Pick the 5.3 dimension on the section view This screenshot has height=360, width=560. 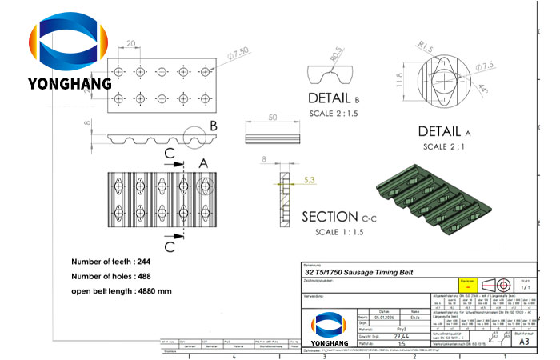[309, 181]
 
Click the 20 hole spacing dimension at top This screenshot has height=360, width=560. [130, 46]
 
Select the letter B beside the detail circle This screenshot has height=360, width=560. [214, 126]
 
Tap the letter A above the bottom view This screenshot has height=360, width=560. [202, 162]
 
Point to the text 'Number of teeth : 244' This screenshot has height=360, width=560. [110, 262]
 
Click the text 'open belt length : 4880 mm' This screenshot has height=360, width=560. [121, 291]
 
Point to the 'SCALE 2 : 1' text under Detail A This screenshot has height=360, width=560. [446, 146]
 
